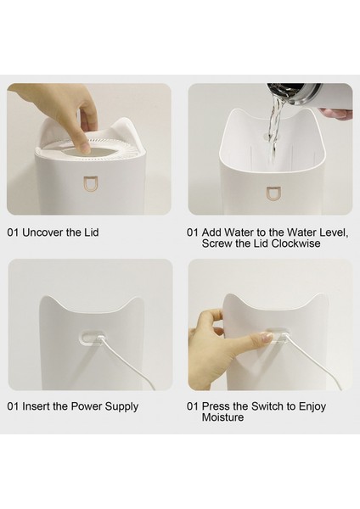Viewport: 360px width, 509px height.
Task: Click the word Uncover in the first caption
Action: [x=43, y=232]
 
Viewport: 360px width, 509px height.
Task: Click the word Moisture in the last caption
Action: [x=222, y=417]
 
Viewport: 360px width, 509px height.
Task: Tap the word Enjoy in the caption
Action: [x=312, y=406]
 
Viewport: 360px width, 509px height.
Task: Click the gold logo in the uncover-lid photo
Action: [x=89, y=183]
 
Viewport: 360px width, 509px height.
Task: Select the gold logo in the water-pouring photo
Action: [x=272, y=193]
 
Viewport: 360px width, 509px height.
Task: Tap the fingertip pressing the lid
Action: [x=85, y=147]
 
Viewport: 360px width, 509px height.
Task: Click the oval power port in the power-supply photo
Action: [x=92, y=338]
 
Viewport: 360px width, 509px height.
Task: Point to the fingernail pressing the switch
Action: [x=267, y=337]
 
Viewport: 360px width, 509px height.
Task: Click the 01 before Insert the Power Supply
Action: [x=13, y=406]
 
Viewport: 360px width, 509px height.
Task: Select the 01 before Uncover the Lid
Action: [x=13, y=232]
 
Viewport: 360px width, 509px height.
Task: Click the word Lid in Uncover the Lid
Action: [x=92, y=232]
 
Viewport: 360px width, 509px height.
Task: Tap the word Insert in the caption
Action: [x=36, y=406]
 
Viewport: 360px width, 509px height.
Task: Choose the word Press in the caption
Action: [x=216, y=406]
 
